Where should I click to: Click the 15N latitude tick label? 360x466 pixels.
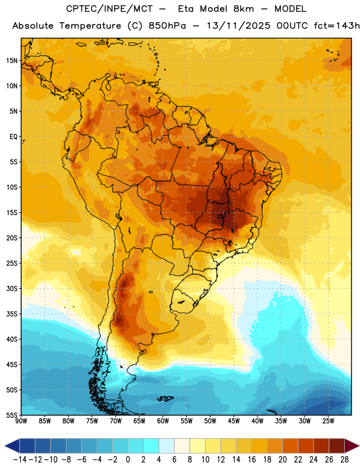(12, 61)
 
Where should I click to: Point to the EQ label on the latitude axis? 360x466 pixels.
(13, 137)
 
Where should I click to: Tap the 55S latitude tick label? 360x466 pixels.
(12, 415)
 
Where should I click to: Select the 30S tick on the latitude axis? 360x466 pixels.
(12, 288)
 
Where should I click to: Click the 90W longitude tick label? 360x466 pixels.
(21, 421)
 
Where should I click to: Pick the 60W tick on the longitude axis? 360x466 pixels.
(163, 421)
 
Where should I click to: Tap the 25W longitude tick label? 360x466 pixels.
(328, 421)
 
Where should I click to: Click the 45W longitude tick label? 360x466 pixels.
(234, 421)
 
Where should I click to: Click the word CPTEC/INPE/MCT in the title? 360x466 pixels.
(109, 9)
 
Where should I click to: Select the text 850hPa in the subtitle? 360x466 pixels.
(167, 26)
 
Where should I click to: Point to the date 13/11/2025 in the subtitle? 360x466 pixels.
(238, 26)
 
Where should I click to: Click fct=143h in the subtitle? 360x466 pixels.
(337, 26)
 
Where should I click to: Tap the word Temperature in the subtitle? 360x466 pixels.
(90, 26)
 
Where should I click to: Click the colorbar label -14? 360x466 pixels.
(20, 460)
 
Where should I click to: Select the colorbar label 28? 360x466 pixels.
(344, 460)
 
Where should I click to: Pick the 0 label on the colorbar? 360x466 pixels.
(128, 460)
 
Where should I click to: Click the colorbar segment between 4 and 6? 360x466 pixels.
(167, 446)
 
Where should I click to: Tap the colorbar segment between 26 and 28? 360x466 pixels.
(337, 446)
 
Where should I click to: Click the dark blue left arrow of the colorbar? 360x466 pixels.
(12, 446)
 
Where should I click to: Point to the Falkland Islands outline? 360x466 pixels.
(165, 398)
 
